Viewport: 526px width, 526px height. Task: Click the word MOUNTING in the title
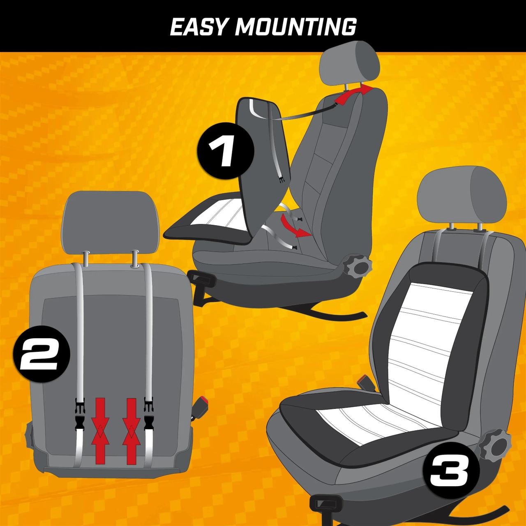pos(296,27)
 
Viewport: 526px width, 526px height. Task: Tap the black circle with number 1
pos(226,151)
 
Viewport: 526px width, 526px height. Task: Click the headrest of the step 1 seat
pos(350,62)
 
